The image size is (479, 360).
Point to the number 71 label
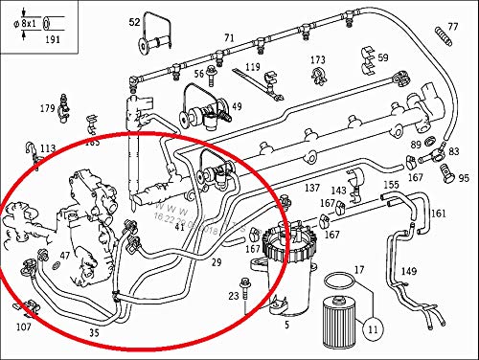coord(229,38)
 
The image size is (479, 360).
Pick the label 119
coord(252,67)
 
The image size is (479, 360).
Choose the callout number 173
coord(318,60)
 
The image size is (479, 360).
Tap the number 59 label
coord(382,58)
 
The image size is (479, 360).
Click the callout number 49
coord(236,106)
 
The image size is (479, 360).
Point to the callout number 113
coord(48,148)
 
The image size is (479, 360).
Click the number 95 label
coord(464,178)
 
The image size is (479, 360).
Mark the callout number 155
coord(391,185)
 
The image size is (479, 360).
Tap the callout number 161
coord(438,213)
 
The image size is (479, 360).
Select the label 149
coord(409,272)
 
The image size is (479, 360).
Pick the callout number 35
coord(94,333)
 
